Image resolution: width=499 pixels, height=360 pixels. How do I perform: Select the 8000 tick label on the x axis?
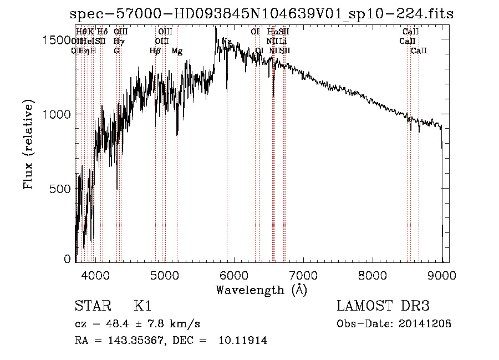(373, 274)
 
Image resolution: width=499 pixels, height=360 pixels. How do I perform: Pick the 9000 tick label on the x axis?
(442, 274)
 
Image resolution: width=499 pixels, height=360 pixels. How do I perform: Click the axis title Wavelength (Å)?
(261, 290)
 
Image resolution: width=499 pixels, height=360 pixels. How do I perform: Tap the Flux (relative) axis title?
(29, 145)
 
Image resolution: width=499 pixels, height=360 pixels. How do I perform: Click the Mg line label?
(177, 51)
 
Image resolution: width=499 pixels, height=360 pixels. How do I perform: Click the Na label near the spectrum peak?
(227, 41)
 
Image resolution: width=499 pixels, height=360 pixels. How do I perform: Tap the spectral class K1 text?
(143, 306)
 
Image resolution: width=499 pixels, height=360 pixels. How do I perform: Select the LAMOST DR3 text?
(383, 306)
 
